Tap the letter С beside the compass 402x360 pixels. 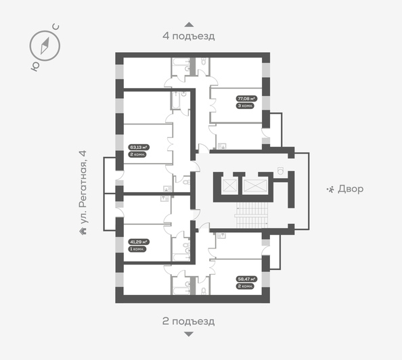(56, 27)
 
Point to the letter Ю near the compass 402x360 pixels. (34, 66)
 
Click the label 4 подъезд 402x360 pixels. (188, 37)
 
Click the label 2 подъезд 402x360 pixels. (188, 321)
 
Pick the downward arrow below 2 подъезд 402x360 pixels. (188, 334)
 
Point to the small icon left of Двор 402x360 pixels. (331, 189)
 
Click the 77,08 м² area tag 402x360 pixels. (244, 99)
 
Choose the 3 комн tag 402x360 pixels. (244, 106)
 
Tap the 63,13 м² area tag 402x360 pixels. (138, 147)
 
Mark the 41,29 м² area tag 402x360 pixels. (138, 241)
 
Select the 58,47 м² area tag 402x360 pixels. (245, 278)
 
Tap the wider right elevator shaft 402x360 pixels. (257, 185)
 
